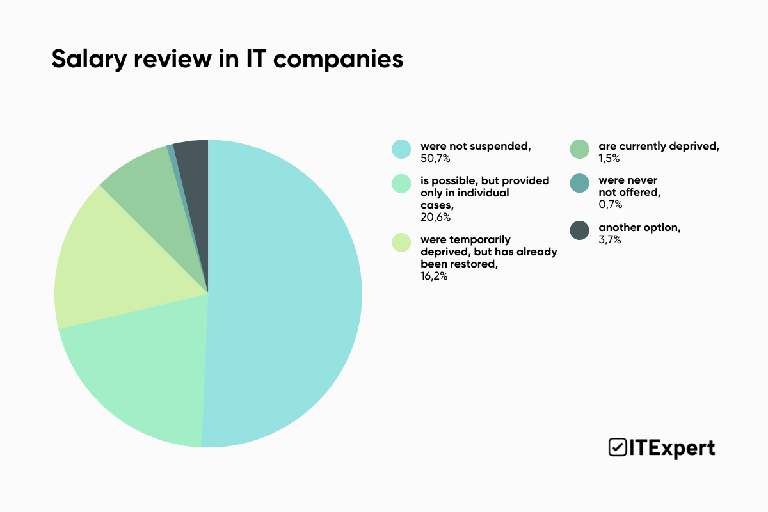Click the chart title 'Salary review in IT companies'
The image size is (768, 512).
(227, 59)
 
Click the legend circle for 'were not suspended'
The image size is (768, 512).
(401, 149)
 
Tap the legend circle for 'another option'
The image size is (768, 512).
(579, 230)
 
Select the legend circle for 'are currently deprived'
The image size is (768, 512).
(579, 149)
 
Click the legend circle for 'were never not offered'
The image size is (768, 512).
(579, 184)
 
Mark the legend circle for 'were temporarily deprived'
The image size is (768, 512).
(401, 243)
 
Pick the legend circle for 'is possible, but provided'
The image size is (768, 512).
(401, 184)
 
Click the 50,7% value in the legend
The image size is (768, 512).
(435, 158)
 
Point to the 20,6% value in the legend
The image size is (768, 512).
(435, 217)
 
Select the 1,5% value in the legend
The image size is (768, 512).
(609, 158)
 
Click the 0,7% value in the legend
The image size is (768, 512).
(611, 204)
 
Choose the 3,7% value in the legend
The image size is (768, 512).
(610, 239)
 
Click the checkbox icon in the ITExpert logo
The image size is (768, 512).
(617, 447)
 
